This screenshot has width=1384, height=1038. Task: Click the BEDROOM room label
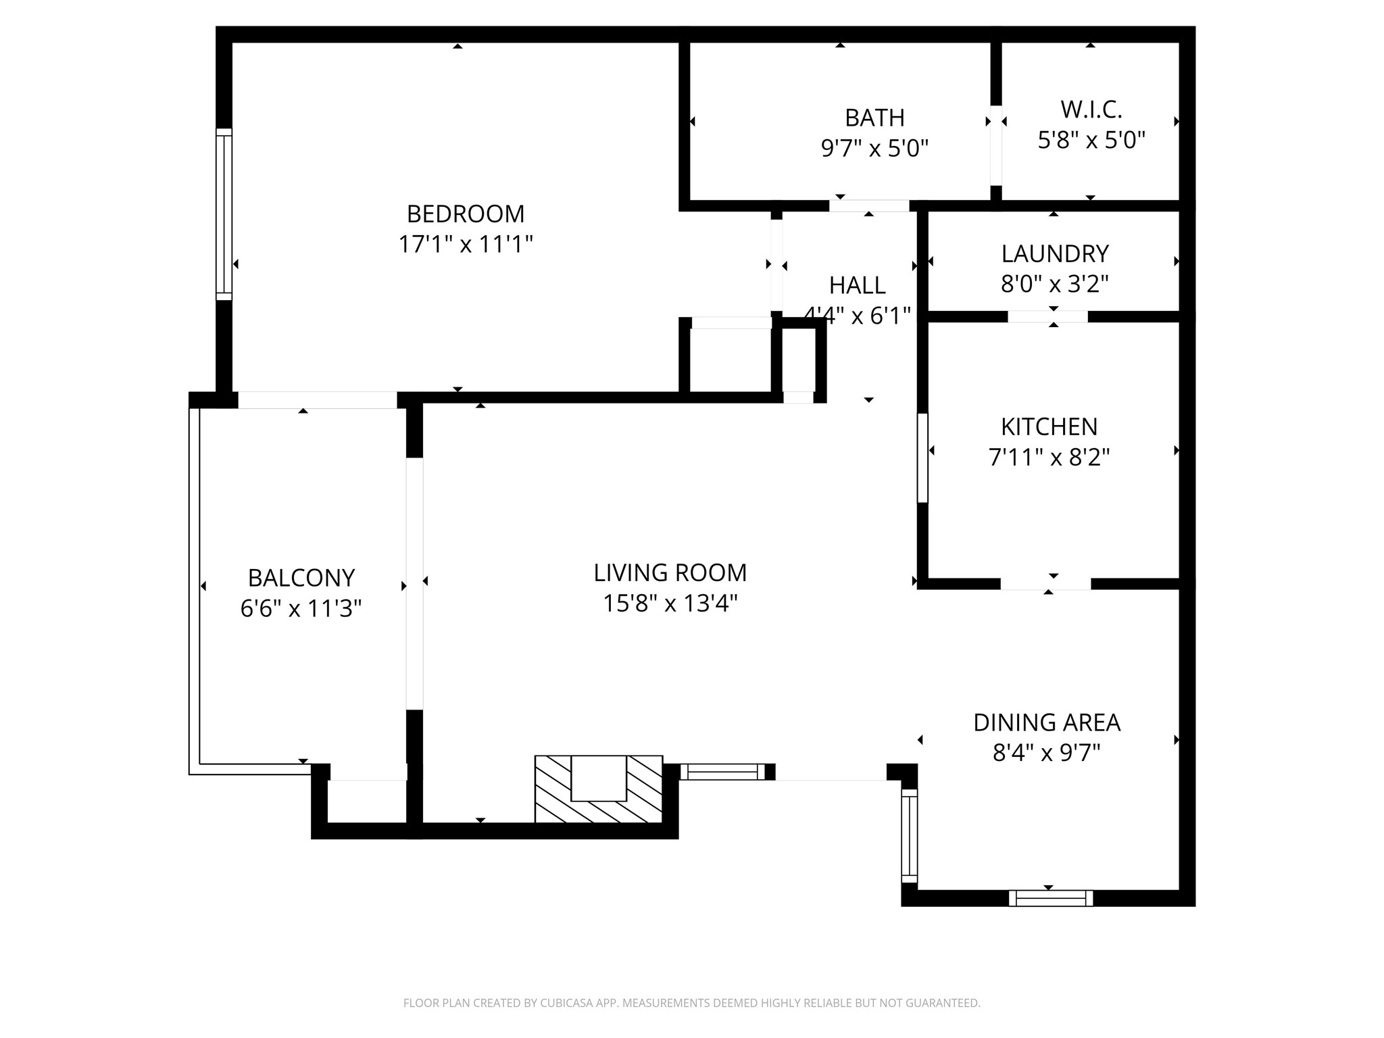click(465, 214)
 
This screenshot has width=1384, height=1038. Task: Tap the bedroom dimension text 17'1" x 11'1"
click(465, 244)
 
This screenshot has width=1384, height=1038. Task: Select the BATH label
click(874, 118)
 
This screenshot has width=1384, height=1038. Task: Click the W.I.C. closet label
click(1091, 109)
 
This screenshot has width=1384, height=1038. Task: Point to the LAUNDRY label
click(1054, 254)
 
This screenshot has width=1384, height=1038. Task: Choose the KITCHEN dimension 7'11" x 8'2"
click(1049, 458)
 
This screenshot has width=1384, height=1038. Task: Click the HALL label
click(857, 286)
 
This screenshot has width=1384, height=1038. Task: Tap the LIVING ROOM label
click(670, 573)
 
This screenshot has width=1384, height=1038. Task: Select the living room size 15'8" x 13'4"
click(670, 603)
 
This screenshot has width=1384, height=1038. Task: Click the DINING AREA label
click(1046, 723)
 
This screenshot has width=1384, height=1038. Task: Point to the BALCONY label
click(301, 578)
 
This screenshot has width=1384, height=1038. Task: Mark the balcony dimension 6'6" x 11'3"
click(301, 609)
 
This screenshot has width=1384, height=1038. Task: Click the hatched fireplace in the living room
click(598, 789)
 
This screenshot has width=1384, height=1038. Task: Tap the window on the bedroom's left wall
click(224, 214)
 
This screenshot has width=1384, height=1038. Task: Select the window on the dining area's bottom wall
click(1050, 898)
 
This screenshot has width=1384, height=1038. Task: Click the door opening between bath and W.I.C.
click(995, 145)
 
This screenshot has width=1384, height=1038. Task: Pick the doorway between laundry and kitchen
click(1047, 316)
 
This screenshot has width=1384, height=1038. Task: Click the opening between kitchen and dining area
click(1045, 585)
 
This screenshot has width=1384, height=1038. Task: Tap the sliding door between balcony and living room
click(414, 584)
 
